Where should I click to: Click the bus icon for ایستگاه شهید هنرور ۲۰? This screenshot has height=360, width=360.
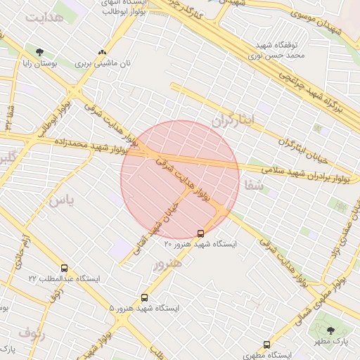point(201,233)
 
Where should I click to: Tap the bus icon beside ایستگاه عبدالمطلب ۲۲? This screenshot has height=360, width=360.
point(65,268)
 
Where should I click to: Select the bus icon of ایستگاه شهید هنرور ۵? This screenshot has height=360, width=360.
point(145,297)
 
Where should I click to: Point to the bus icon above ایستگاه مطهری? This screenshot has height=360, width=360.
point(266,345)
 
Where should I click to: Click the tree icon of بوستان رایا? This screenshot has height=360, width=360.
point(39,52)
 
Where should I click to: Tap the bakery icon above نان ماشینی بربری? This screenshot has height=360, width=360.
point(103,52)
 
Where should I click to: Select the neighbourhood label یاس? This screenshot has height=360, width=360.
point(60,200)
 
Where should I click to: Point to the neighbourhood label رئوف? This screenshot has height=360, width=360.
point(31,333)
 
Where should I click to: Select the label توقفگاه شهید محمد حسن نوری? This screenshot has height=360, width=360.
point(280,48)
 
